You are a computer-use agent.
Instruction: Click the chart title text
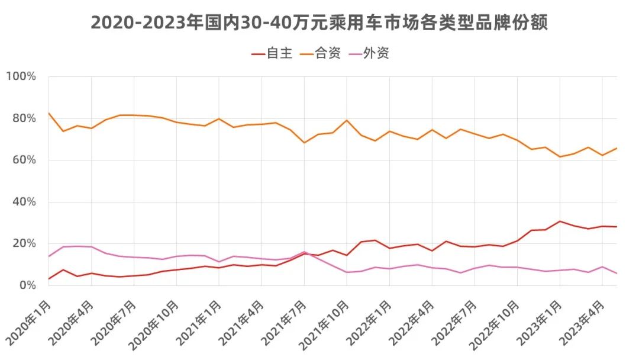(x=319, y=22)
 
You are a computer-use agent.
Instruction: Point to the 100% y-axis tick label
(x=21, y=76)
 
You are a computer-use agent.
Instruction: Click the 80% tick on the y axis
(x=24, y=118)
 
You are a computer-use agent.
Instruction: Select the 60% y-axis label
(x=24, y=160)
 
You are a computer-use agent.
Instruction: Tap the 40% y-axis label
(x=24, y=202)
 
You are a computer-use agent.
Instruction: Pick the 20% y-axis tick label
(x=24, y=243)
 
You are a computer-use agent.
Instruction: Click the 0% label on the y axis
(x=27, y=285)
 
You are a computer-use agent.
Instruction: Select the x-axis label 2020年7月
(x=114, y=322)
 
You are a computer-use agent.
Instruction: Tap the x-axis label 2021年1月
(x=199, y=322)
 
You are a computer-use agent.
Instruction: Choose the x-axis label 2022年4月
(x=412, y=322)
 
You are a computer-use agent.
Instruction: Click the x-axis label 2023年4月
(x=582, y=322)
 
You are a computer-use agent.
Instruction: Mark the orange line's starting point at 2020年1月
(x=49, y=113)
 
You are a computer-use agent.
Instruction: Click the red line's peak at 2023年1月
(x=560, y=221)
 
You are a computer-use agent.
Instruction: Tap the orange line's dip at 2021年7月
(x=304, y=143)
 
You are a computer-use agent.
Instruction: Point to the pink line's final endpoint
(x=617, y=274)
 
